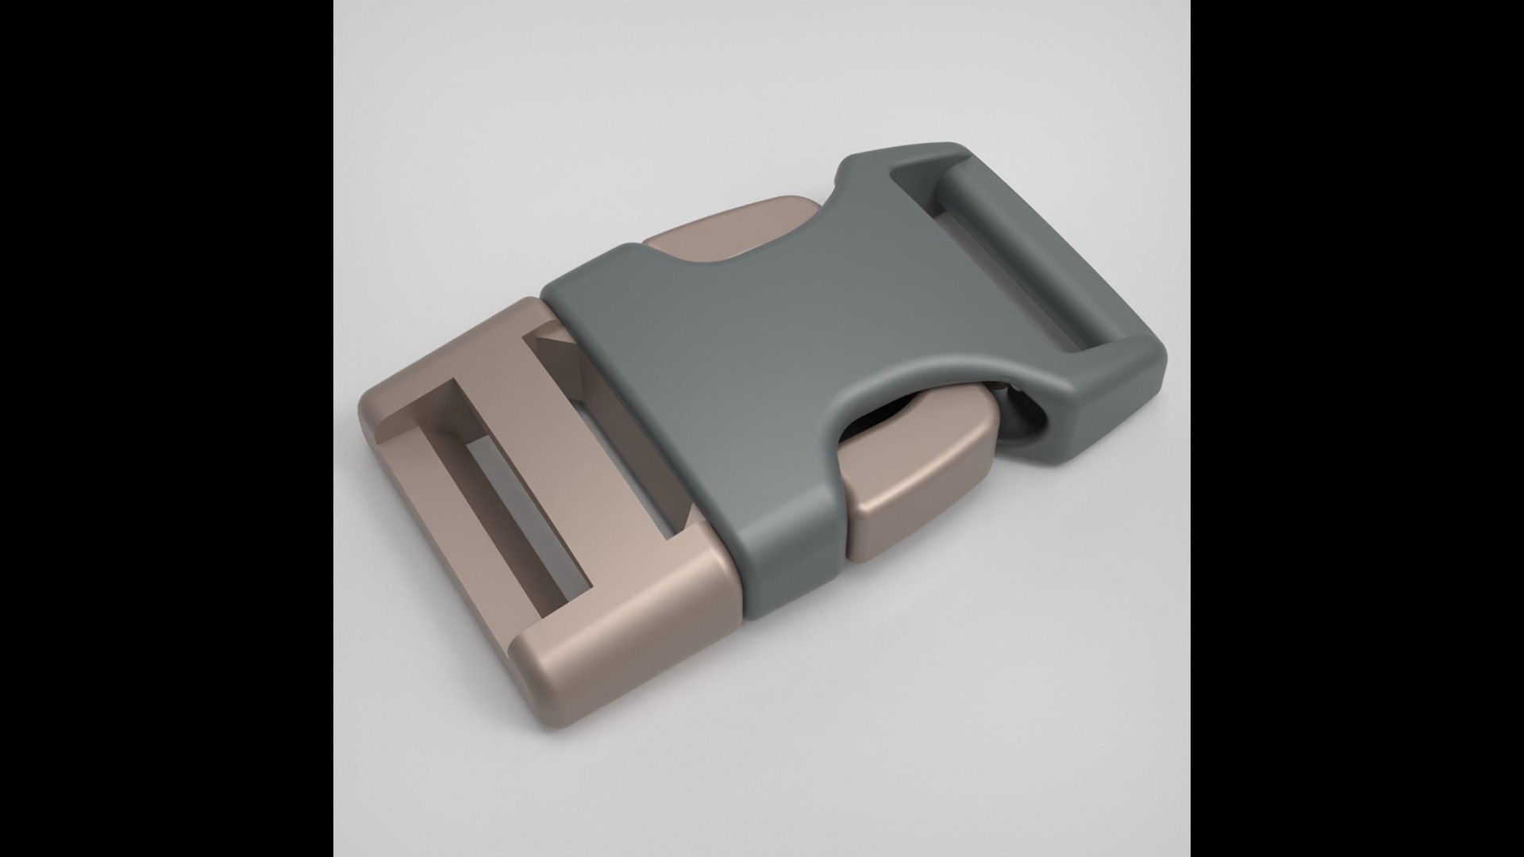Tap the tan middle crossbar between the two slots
[x=548, y=444]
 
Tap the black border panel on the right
[x=1357, y=428]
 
